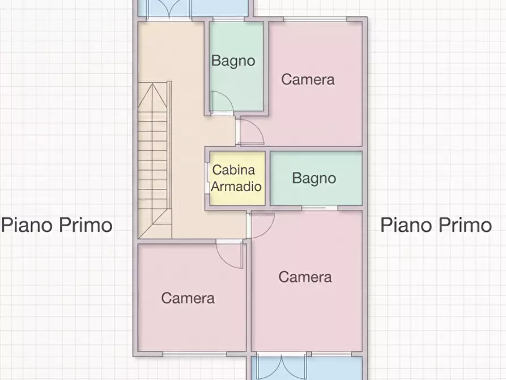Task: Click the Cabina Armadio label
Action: point(236,178)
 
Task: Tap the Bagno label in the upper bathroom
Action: point(233,61)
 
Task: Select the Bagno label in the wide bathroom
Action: point(314,178)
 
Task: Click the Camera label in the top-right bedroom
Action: point(308,79)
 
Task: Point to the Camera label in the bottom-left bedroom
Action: point(188,298)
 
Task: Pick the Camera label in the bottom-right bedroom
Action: point(305,277)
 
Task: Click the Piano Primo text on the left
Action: point(57,225)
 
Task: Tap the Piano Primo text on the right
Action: point(436,225)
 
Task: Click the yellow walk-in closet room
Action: point(237,178)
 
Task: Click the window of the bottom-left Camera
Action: point(195,354)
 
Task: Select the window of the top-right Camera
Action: point(315,19)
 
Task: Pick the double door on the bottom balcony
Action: point(282,367)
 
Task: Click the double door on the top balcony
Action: point(169,9)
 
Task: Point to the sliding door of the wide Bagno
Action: point(320,208)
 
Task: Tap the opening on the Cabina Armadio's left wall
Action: point(207,178)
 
